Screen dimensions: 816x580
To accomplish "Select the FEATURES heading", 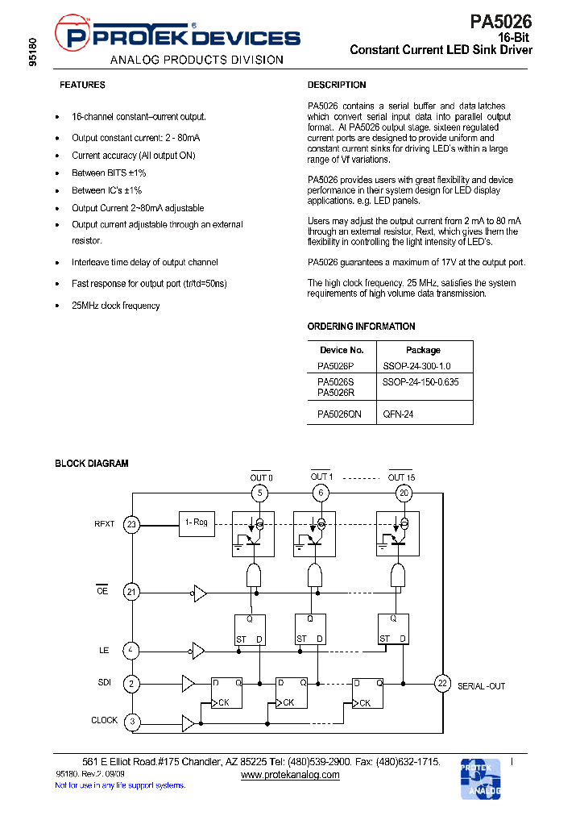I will click(x=82, y=85).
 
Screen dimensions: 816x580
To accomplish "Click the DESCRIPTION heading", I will click(x=337, y=85).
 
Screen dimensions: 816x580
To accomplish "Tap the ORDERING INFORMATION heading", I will click(x=361, y=327).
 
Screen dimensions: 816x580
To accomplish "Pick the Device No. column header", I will click(x=342, y=350).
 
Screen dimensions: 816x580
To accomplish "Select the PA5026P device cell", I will click(x=335, y=365).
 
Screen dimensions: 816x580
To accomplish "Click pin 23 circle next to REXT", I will click(x=131, y=525).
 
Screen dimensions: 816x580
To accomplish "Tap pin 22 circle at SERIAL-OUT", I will click(x=442, y=683).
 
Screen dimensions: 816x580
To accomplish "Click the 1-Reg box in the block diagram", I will click(x=197, y=523).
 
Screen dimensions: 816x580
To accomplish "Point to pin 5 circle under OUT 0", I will click(x=259, y=493).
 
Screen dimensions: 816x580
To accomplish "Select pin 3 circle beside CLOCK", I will click(x=131, y=721).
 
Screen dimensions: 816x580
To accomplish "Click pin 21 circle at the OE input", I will click(x=131, y=592).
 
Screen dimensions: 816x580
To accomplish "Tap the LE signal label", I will click(x=104, y=649).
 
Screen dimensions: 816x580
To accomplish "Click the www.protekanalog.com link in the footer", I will click(x=290, y=775).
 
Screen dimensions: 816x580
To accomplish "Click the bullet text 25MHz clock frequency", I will click(x=115, y=306).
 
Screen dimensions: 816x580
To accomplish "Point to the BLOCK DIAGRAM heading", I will click(x=91, y=464).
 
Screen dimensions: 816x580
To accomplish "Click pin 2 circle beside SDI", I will click(x=131, y=683).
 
